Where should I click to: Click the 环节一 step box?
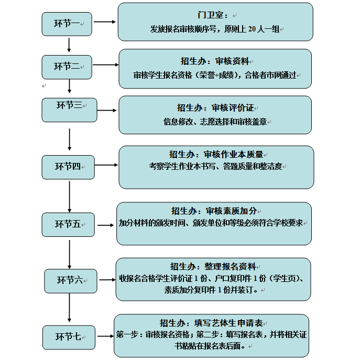(67, 24)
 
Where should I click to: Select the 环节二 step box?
(67, 67)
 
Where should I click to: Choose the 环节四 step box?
(68, 167)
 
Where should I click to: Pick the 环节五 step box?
(68, 224)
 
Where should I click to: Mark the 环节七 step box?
(69, 337)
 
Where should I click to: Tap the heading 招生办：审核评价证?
(215, 108)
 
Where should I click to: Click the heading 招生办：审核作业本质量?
(216, 154)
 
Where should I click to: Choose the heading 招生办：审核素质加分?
(214, 211)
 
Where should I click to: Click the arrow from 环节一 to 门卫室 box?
(104, 23)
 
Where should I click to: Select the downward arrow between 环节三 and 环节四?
(70, 139)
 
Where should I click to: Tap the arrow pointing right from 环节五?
(105, 225)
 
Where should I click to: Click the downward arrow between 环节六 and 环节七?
(69, 309)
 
